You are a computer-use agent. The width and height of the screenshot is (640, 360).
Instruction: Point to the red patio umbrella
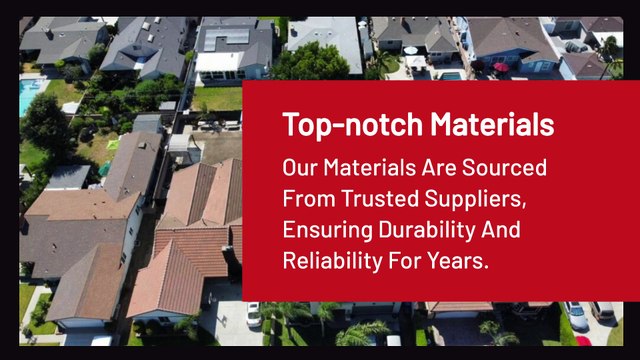tap(501, 67)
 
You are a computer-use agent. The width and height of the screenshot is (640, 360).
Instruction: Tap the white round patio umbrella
tap(411, 50)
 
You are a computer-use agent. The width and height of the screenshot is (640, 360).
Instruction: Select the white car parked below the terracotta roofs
tap(254, 313)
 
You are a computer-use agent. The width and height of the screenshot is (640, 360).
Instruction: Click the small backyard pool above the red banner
tap(452, 75)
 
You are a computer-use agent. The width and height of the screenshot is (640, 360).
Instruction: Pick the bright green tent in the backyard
tap(104, 169)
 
